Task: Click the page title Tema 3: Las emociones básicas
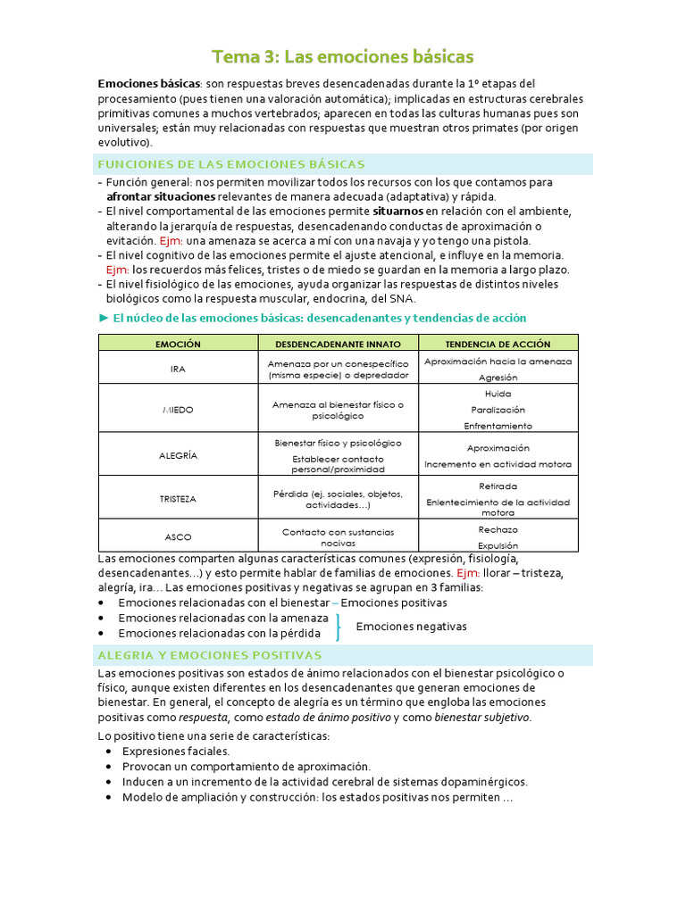tap(343, 57)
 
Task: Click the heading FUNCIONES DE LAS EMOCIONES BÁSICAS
tap(230, 164)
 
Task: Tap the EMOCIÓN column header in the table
tap(178, 344)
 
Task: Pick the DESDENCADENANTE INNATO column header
tap(338, 344)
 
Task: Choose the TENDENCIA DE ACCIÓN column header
tap(498, 344)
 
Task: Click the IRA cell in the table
tap(178, 369)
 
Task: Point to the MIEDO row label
tap(178, 410)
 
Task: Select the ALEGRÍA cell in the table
tap(178, 455)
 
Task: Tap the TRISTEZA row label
tap(178, 499)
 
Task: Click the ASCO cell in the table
tap(178, 537)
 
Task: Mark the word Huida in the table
tap(498, 393)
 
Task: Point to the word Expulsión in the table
tap(498, 545)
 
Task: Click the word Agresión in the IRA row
tap(498, 378)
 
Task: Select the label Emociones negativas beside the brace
tap(411, 627)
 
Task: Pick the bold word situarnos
tap(397, 212)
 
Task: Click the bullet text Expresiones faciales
tap(176, 752)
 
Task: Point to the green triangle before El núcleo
tap(103, 318)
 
